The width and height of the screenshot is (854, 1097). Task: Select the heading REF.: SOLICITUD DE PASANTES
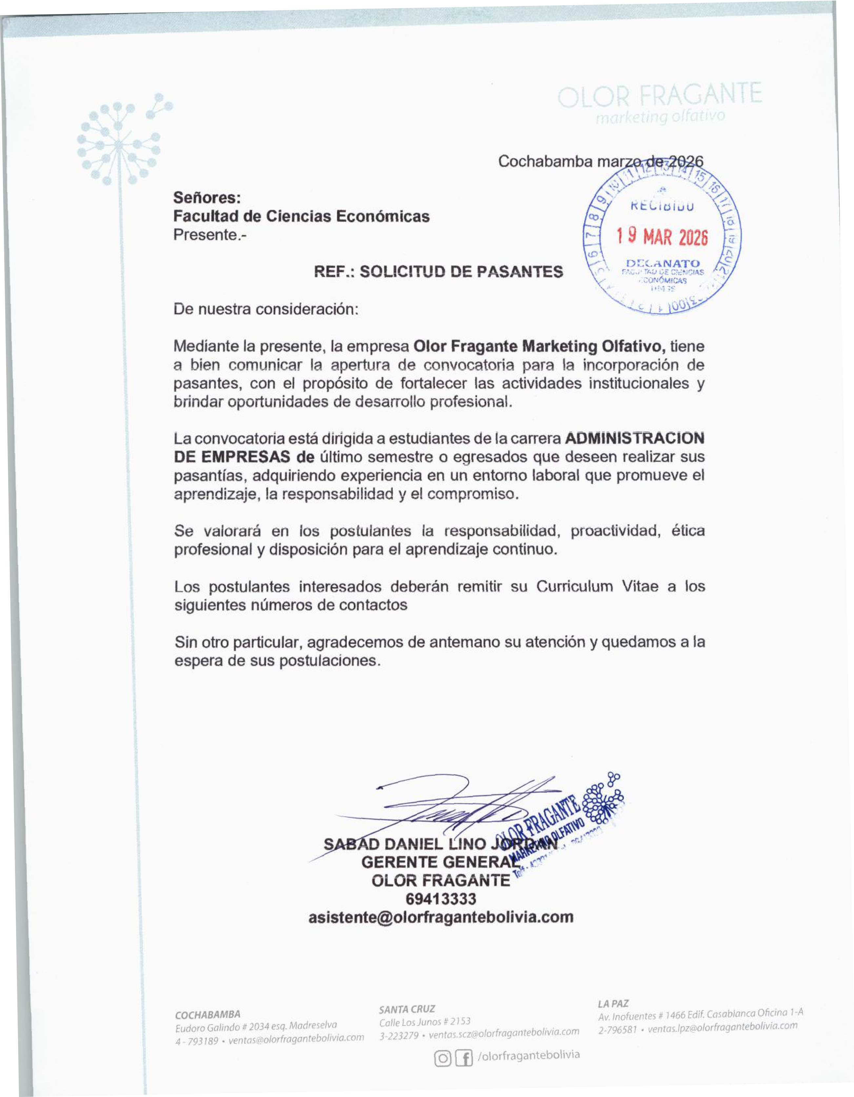[x=438, y=272]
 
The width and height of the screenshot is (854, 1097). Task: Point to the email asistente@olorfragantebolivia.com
[x=441, y=917]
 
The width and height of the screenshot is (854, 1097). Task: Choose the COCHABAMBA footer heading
[x=208, y=1014]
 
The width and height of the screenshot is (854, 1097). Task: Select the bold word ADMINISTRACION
[x=634, y=438]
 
